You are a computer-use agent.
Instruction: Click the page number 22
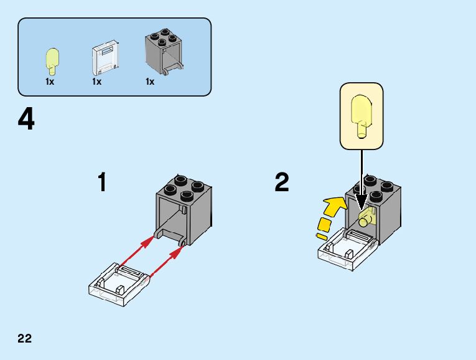click(x=25, y=339)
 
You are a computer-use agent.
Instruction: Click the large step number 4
click(x=26, y=120)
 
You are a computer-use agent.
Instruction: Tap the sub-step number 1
click(x=102, y=182)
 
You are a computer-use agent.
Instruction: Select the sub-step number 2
click(x=282, y=182)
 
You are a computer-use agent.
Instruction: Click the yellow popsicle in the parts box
click(x=52, y=60)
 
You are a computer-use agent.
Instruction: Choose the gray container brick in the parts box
click(x=163, y=53)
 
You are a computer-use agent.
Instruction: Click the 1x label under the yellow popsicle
click(x=50, y=82)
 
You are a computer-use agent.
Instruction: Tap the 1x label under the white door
click(x=97, y=82)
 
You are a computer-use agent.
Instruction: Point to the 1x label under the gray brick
click(x=150, y=82)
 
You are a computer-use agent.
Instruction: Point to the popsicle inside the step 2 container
click(x=365, y=218)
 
